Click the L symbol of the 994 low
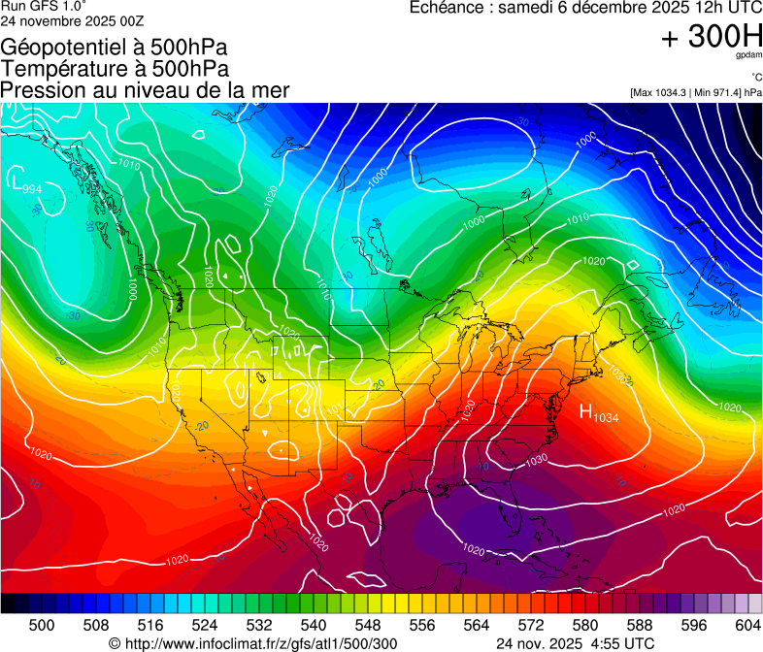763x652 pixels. click(17, 180)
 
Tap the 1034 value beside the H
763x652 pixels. click(607, 418)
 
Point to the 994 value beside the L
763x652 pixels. click(32, 188)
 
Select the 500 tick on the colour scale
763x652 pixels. click(42, 624)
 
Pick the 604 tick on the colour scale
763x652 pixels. click(748, 624)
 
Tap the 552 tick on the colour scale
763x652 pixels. click(395, 624)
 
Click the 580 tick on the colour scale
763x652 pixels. click(585, 624)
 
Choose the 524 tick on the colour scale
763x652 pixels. click(205, 624)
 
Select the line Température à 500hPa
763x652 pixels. click(115, 69)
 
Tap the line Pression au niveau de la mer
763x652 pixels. click(145, 90)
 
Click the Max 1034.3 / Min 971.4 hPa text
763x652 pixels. click(695, 92)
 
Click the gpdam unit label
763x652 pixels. click(747, 56)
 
